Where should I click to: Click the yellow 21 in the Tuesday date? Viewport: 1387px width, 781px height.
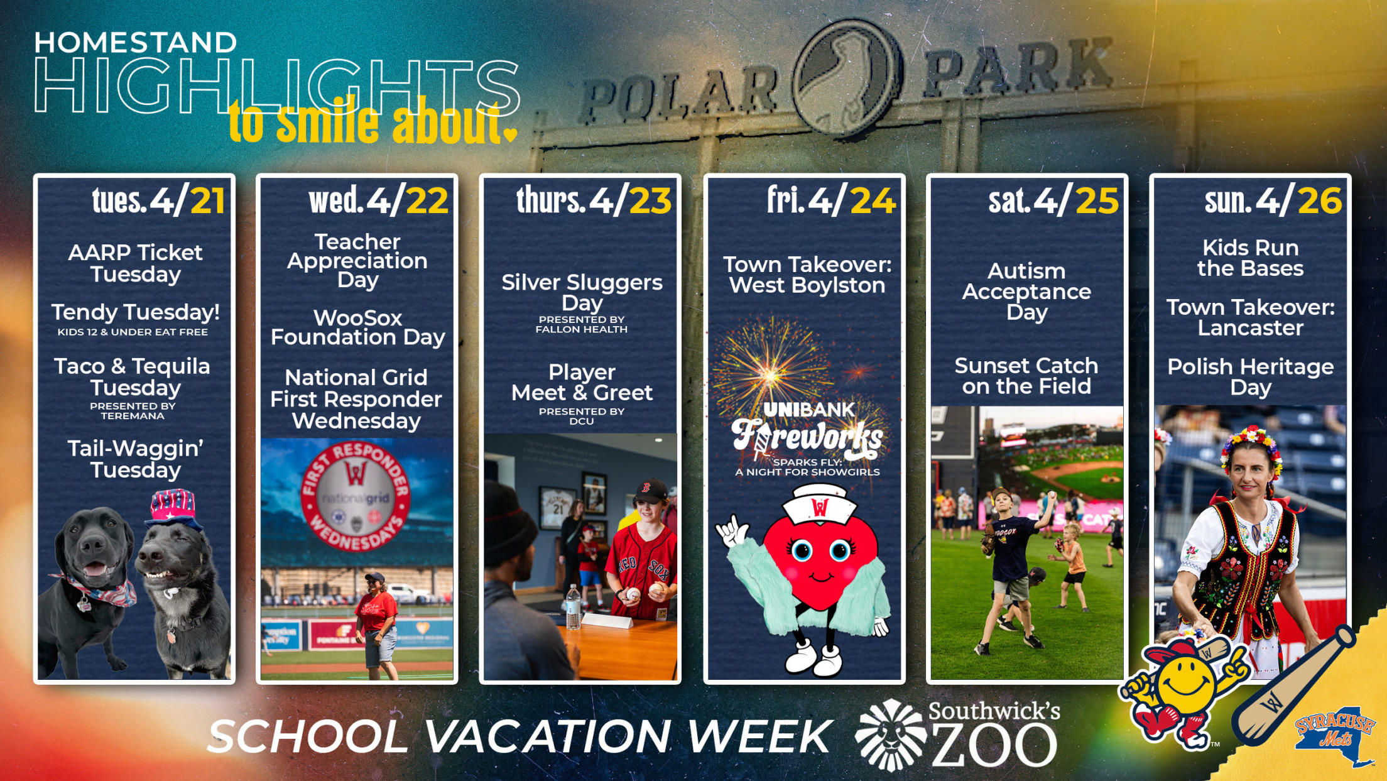207,201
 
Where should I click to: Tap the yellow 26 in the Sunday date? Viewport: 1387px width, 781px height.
1320,201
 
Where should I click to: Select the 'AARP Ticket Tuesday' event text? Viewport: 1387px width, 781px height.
136,263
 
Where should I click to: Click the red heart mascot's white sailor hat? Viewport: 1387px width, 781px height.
818,503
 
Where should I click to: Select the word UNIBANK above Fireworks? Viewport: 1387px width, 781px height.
808,410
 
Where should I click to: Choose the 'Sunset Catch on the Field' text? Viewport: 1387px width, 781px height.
1026,376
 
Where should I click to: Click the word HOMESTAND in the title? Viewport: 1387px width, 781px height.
135,43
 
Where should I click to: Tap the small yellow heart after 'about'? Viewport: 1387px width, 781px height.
511,134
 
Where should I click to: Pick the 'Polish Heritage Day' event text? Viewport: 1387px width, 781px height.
1250,376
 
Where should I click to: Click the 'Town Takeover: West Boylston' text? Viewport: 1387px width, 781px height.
807,275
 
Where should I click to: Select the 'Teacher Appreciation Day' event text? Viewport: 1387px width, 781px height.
357,260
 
